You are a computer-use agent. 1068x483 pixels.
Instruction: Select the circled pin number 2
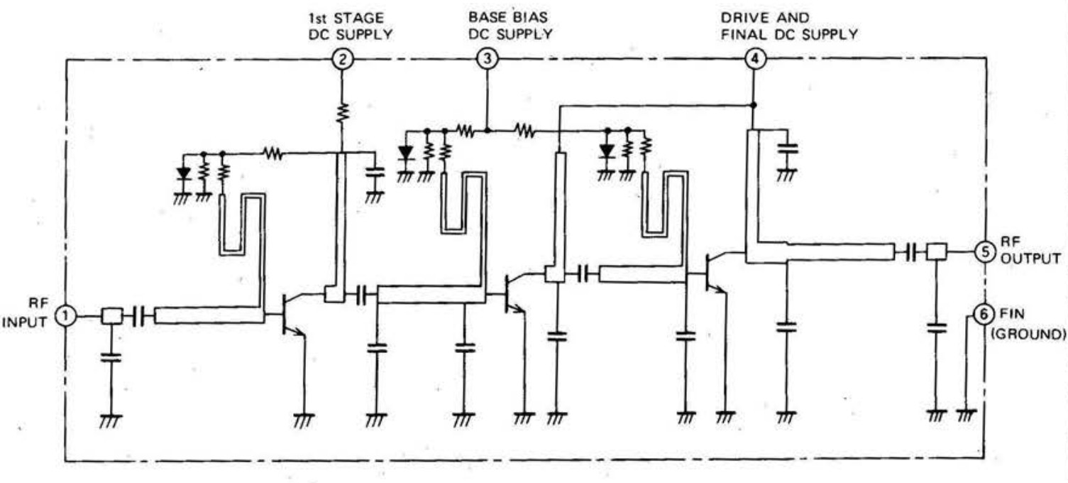click(x=343, y=60)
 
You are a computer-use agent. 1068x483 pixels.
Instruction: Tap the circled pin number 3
click(x=486, y=60)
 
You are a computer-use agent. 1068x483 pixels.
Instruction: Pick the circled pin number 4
click(x=754, y=60)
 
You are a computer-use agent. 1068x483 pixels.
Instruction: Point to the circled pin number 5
click(x=984, y=251)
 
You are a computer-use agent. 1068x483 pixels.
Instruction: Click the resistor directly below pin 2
click(x=343, y=111)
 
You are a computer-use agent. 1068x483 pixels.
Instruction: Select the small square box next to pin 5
click(x=937, y=251)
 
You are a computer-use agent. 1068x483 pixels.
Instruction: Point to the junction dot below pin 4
click(x=754, y=105)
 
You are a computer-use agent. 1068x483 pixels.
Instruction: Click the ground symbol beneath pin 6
click(x=966, y=415)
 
